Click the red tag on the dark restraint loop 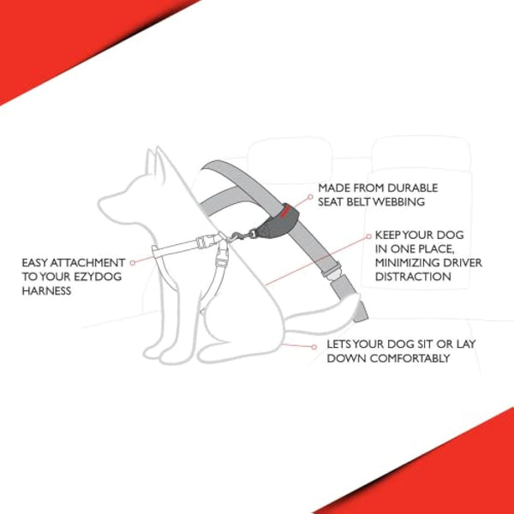click(x=286, y=208)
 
